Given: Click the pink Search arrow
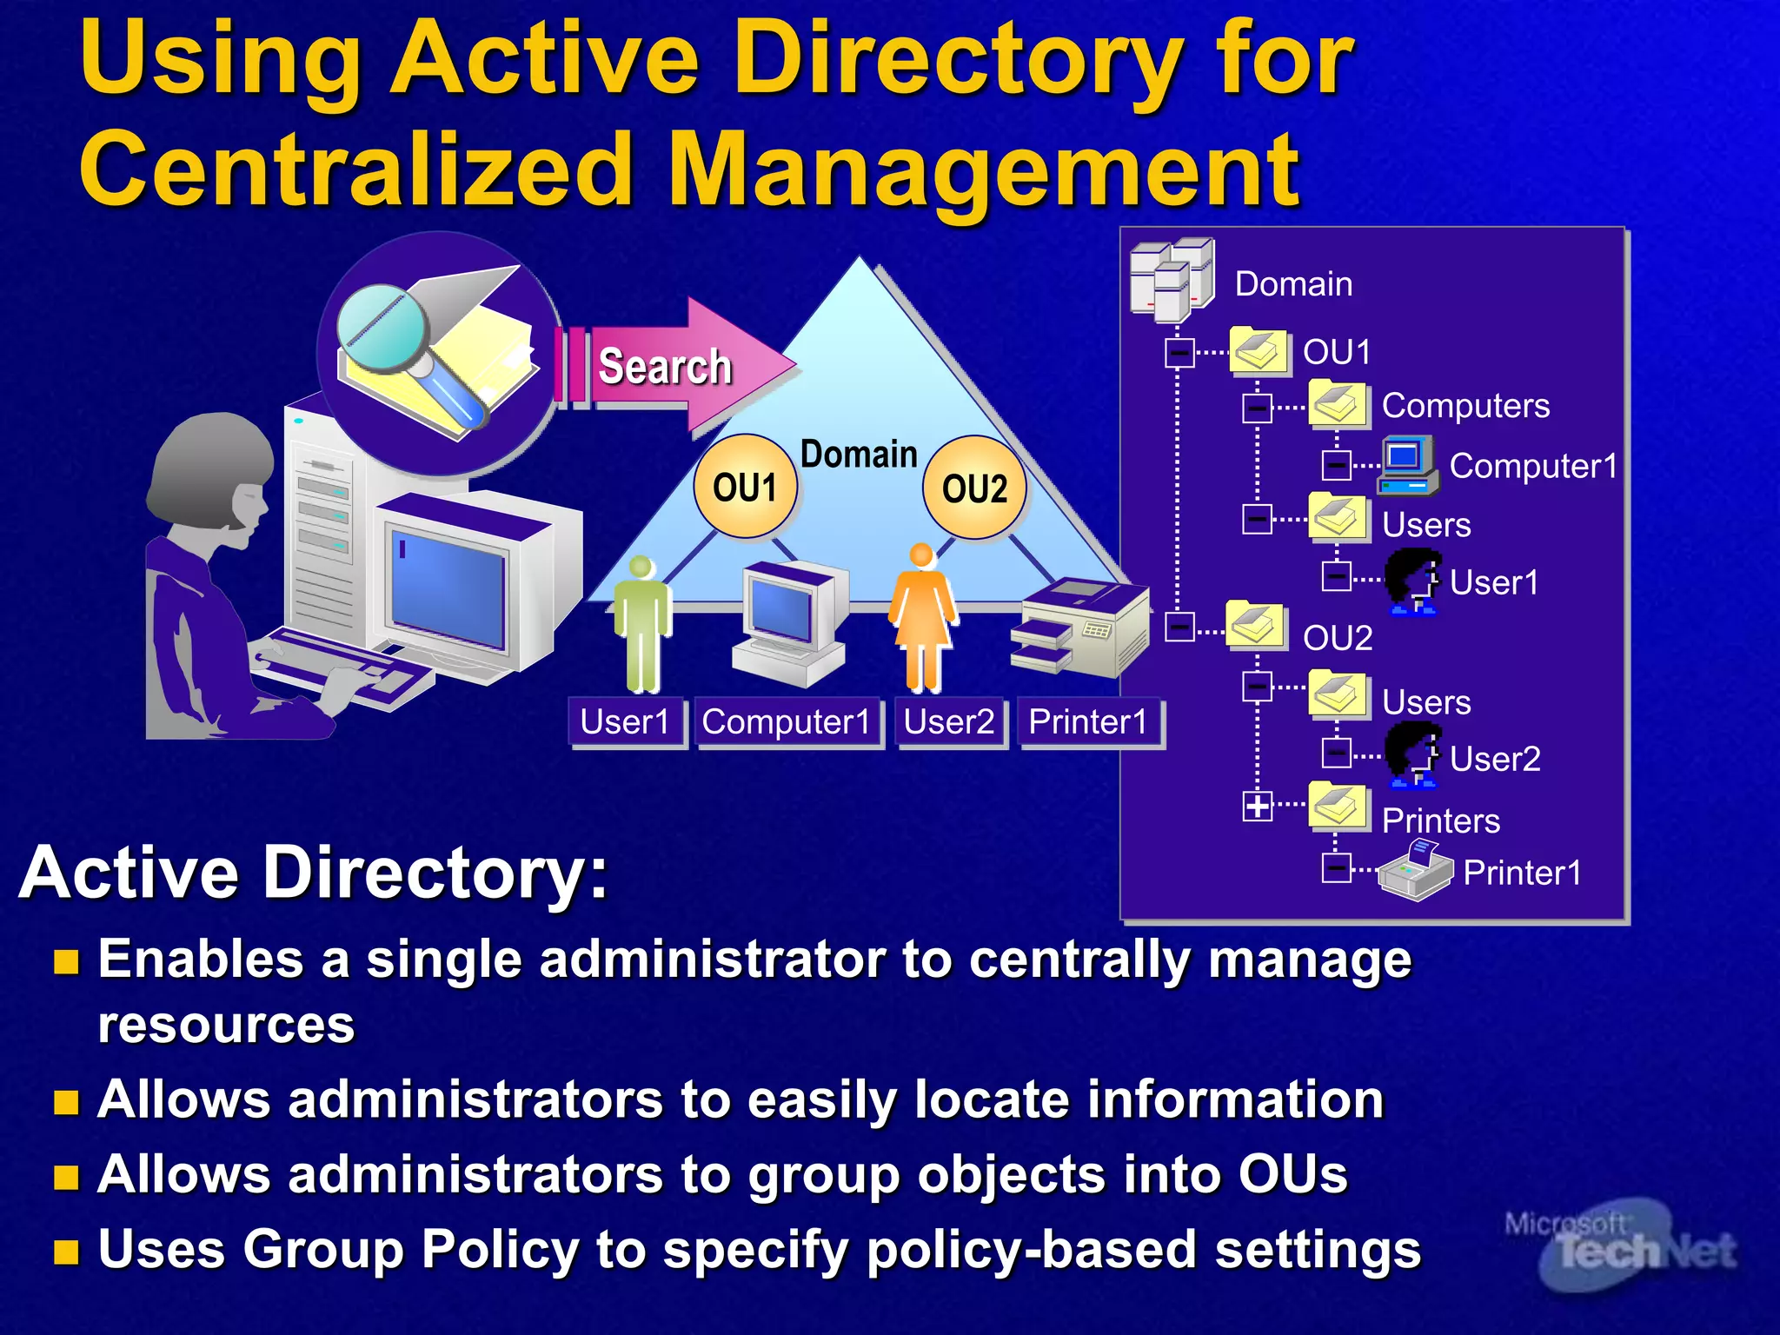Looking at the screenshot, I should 678,366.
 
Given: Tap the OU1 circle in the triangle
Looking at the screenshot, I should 745,488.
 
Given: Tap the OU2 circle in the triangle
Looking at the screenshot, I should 974,488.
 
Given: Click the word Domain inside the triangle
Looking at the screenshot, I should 859,455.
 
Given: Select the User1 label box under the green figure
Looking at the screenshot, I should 626,722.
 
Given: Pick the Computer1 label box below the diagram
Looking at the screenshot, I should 787,722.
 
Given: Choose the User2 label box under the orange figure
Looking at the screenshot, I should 949,722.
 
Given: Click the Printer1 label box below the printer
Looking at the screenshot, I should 1089,722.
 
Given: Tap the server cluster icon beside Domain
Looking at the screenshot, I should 1172,279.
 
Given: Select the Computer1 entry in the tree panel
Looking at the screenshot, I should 1532,466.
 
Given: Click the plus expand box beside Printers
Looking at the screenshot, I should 1257,806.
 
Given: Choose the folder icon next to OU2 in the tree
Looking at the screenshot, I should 1255,625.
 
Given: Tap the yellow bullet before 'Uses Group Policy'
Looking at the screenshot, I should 66,1252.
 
